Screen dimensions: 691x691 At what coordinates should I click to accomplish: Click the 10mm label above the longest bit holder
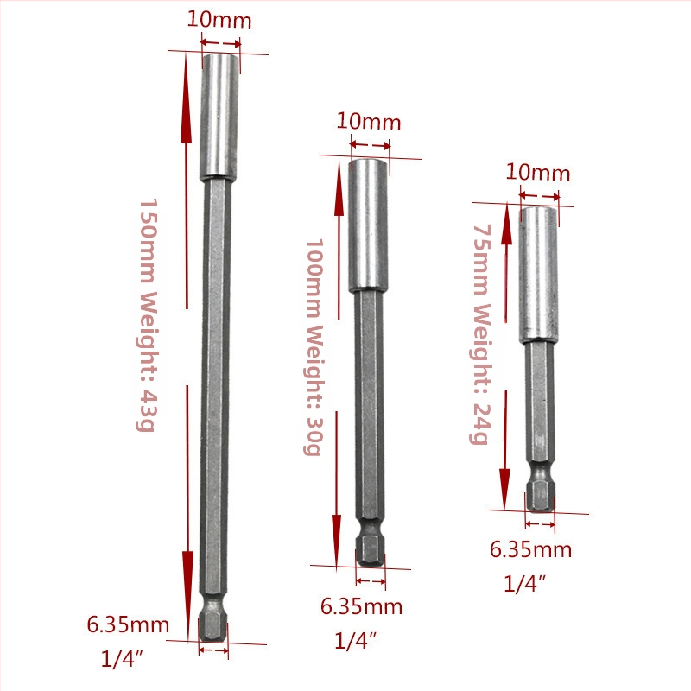(219, 20)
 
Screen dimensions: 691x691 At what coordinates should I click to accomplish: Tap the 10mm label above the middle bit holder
(369, 122)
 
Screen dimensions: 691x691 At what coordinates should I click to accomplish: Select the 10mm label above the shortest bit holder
(537, 172)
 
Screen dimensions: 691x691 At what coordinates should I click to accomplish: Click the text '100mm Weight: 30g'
(314, 347)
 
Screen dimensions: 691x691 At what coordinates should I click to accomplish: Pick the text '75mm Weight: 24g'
(480, 334)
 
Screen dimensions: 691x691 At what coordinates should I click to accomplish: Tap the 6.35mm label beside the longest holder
(128, 624)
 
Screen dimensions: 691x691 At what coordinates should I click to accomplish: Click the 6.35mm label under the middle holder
(361, 607)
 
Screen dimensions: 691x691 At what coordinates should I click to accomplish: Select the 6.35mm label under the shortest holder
(530, 550)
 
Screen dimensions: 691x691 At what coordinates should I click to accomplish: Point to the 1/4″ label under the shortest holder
(524, 584)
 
